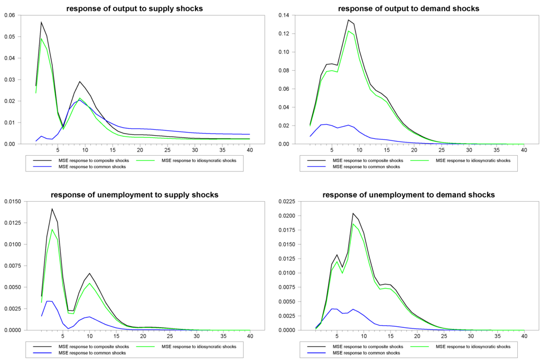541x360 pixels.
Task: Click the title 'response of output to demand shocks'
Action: [408, 8]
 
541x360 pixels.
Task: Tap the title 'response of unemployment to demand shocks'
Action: [408, 195]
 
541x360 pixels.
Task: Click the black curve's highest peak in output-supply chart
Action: [41, 22]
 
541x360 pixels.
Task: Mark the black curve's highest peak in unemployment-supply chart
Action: [52, 209]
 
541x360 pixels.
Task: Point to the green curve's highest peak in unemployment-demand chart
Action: [353, 224]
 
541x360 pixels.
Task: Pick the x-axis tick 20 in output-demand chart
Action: [415, 150]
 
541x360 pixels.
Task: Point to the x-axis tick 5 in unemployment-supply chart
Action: [63, 336]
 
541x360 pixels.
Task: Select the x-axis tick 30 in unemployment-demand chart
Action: [470, 336]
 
